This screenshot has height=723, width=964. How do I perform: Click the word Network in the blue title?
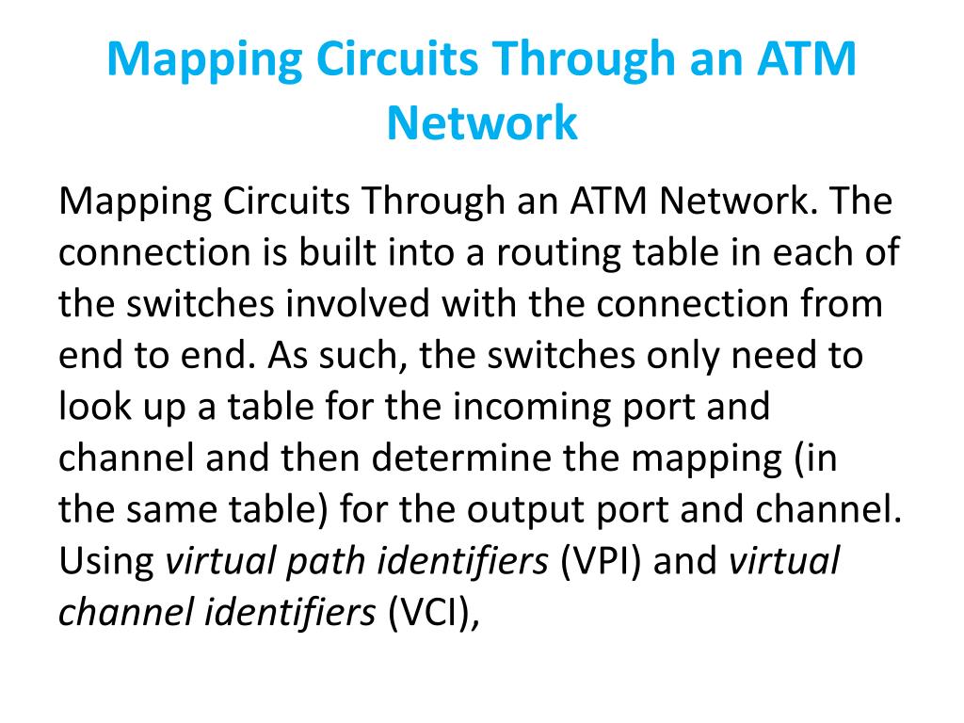pos(482,122)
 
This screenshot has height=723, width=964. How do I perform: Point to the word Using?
pos(106,561)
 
